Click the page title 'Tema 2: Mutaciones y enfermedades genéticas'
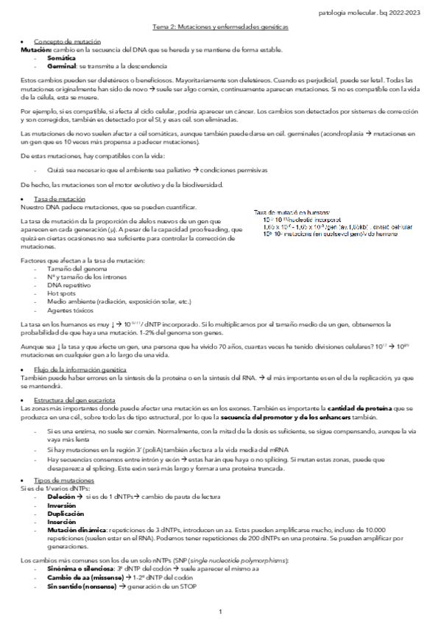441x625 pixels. pos(220,27)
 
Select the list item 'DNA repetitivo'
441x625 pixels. pos(66,284)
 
